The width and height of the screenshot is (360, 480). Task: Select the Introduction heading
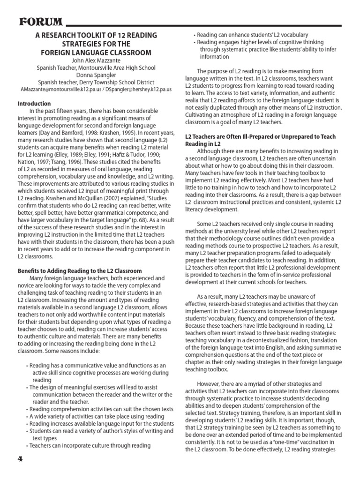pos(34,104)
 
